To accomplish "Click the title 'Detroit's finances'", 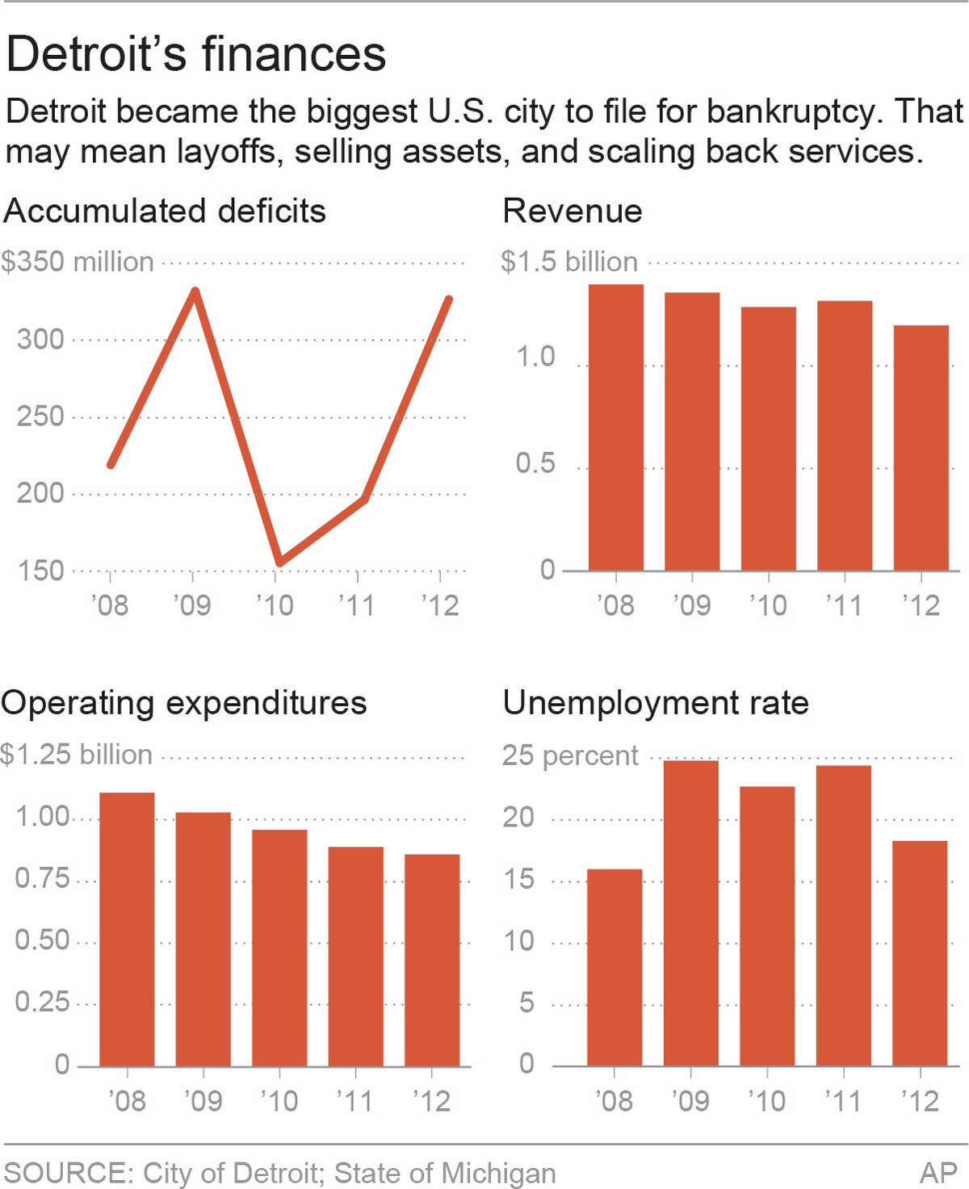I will (x=196, y=54).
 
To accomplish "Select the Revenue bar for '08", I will (x=615, y=428).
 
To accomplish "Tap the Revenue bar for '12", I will (x=921, y=448).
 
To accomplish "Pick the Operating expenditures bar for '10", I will (x=279, y=948).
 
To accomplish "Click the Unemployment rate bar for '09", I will (x=690, y=913).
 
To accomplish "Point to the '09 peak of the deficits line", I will (x=195, y=291).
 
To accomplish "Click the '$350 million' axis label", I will (x=78, y=262).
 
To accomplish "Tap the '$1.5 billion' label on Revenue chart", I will (x=569, y=262).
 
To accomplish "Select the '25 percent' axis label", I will (x=570, y=756).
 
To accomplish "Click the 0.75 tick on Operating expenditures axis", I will (x=42, y=878).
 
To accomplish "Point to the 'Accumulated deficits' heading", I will (x=165, y=211).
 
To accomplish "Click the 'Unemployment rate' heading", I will (x=656, y=703).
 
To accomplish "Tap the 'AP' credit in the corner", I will (x=938, y=1173).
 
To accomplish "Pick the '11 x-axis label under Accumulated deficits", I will (x=356, y=605).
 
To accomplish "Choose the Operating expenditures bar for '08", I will (x=127, y=929).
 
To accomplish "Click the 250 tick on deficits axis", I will (x=40, y=417).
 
